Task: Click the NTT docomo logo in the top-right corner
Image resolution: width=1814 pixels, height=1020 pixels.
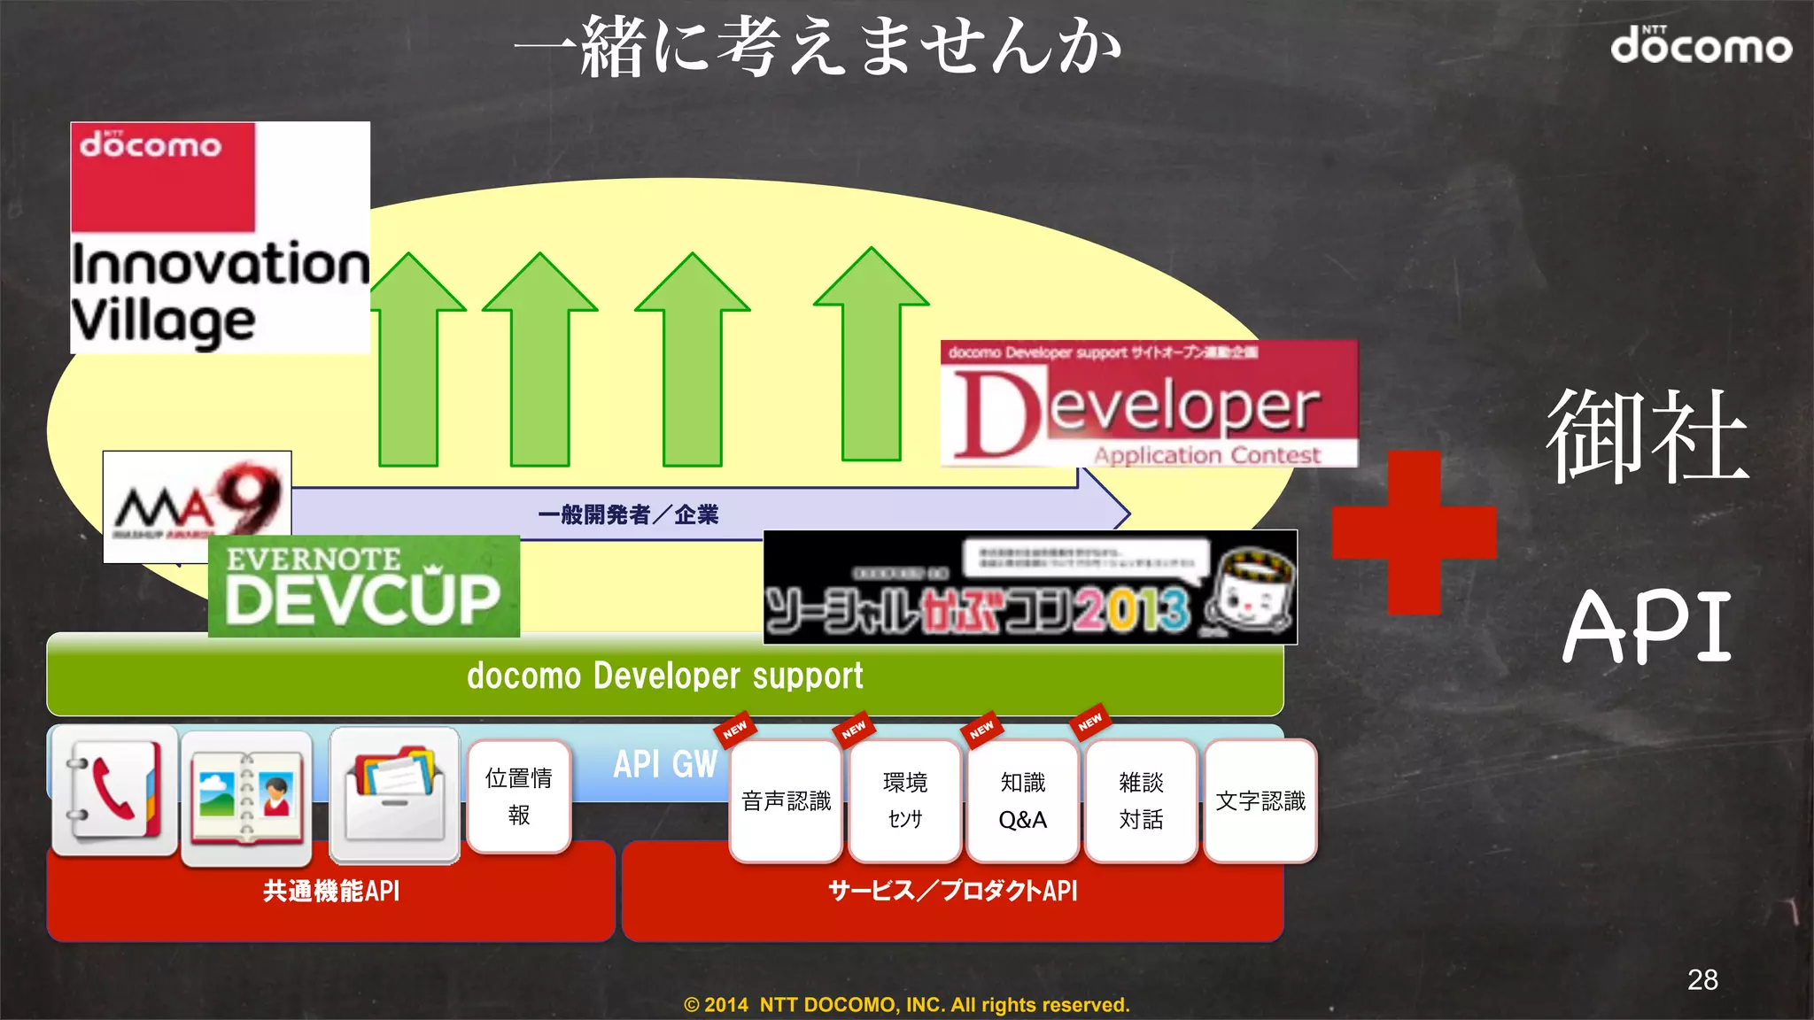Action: [x=1701, y=44]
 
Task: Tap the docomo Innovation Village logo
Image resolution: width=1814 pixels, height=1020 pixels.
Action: [x=220, y=237]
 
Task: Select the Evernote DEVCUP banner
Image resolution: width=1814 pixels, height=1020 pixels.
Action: [x=364, y=586]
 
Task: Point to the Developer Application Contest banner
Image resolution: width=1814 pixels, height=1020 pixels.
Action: [x=1149, y=404]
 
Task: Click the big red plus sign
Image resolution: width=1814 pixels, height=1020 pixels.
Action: [x=1414, y=532]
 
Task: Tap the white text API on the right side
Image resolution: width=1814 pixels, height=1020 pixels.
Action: [x=1647, y=627]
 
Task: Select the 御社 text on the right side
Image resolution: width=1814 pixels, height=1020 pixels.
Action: [x=1647, y=436]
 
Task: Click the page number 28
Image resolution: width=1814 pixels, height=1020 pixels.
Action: [x=1702, y=979]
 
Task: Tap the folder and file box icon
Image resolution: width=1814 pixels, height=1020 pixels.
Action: [x=395, y=794]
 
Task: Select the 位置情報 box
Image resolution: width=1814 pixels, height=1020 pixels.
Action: [x=519, y=796]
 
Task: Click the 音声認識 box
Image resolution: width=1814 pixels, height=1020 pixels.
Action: [x=786, y=801]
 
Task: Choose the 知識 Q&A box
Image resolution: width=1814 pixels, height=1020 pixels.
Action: [x=1022, y=801]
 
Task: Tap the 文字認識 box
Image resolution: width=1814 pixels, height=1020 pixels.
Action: [x=1260, y=801]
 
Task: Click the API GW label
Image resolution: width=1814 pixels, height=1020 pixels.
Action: [x=665, y=764]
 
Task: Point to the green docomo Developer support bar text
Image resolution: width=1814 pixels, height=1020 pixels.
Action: [x=664, y=676]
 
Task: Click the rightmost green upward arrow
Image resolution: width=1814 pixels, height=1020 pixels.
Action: [x=872, y=354]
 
